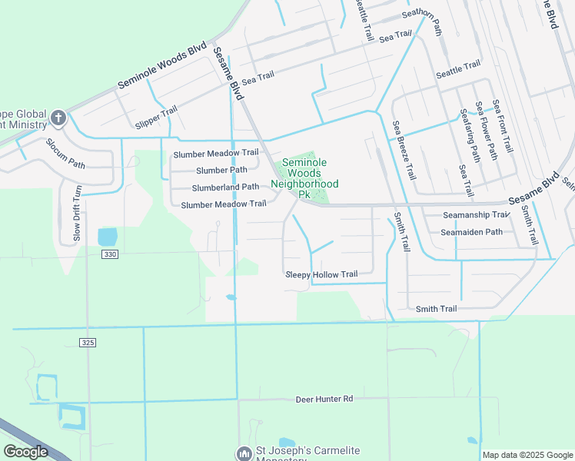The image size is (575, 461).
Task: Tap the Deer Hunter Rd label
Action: (x=324, y=399)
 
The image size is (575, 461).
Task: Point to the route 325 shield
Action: (x=88, y=342)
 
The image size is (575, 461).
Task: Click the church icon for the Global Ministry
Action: (x=58, y=118)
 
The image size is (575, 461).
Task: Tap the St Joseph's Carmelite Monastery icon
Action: (x=244, y=454)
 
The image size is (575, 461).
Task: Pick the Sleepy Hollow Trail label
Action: (x=321, y=274)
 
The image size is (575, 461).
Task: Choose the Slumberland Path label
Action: (x=225, y=187)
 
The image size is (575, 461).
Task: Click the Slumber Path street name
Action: (x=221, y=170)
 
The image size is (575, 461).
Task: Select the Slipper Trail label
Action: (x=156, y=118)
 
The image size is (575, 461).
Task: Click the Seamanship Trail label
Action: (x=476, y=215)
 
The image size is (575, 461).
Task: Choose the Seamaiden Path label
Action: (x=471, y=231)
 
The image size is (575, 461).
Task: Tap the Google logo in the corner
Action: (x=26, y=452)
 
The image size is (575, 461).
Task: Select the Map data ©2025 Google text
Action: (x=527, y=455)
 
